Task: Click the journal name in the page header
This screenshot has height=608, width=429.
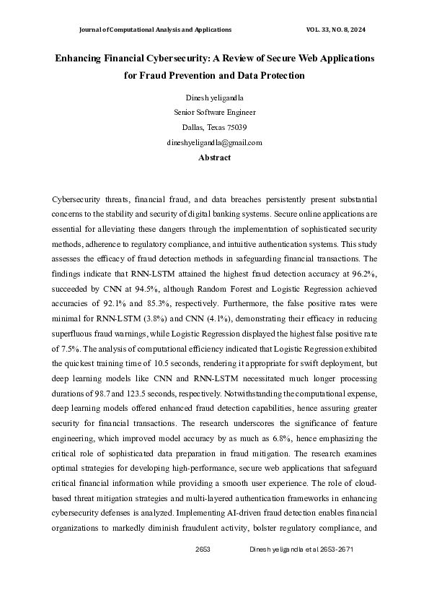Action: (x=154, y=30)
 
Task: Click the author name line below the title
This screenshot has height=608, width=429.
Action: (x=214, y=97)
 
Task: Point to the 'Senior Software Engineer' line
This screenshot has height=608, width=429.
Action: (x=214, y=113)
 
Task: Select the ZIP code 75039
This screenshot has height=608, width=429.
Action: (x=236, y=128)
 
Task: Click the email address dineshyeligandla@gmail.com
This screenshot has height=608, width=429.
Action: (x=214, y=143)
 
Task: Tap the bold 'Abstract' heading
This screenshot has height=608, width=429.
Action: (x=214, y=157)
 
